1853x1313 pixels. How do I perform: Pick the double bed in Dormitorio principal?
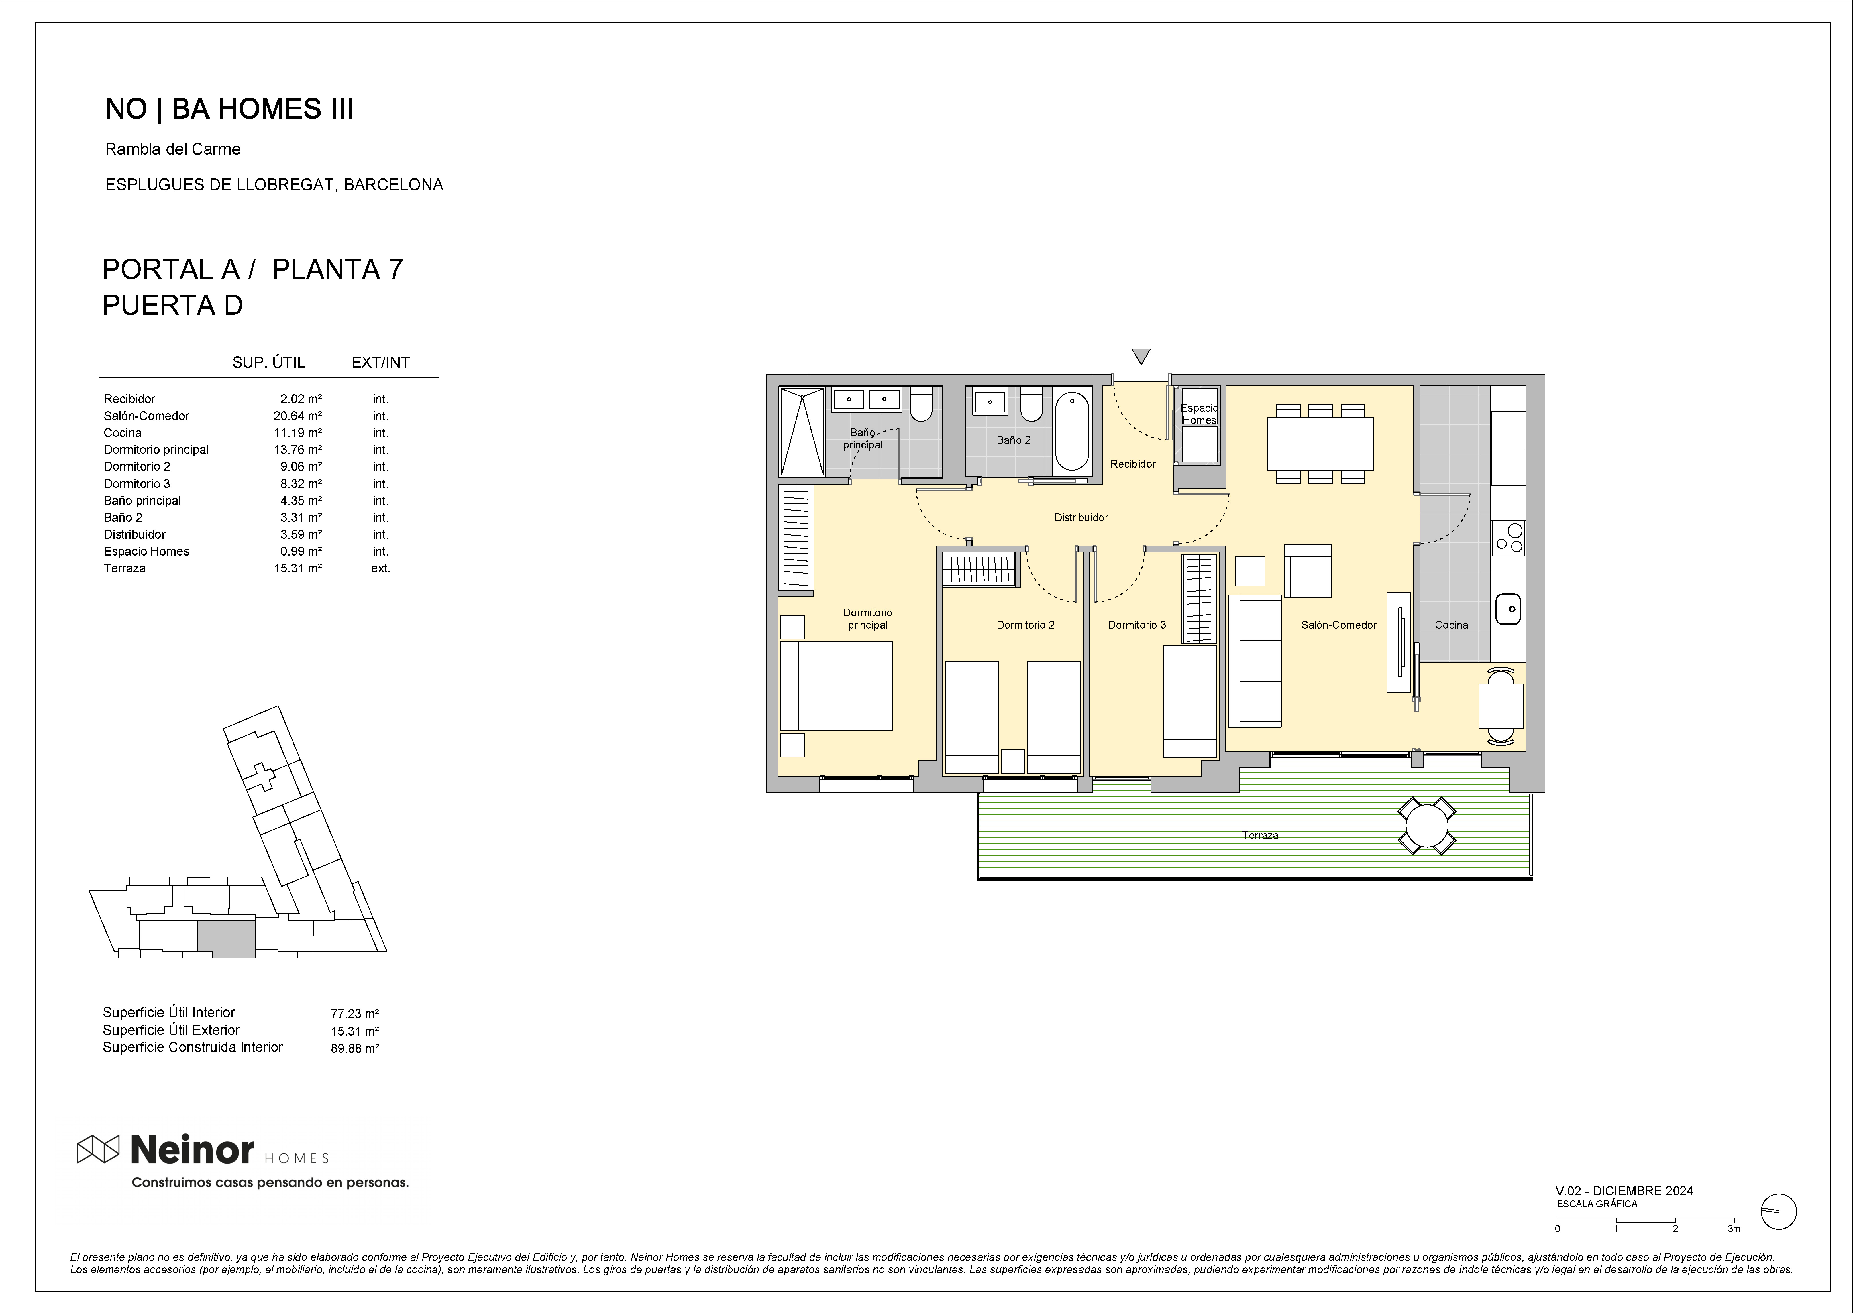click(x=836, y=686)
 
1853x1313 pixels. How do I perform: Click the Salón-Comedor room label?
click(x=1338, y=625)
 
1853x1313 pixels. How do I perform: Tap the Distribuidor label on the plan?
click(x=1081, y=517)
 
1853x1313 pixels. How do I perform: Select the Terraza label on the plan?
click(x=1260, y=835)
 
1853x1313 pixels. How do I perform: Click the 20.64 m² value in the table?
click(x=298, y=416)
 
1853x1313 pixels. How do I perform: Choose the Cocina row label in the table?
click(x=122, y=432)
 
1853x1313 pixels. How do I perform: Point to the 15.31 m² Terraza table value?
click(x=298, y=568)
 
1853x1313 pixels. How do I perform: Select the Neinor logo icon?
click(x=98, y=1149)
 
